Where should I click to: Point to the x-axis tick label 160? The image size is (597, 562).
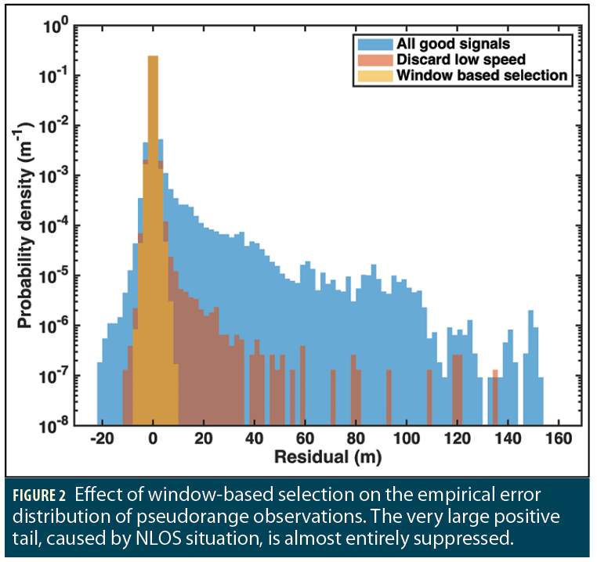(557, 439)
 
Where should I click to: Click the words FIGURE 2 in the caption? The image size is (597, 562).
(45, 499)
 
